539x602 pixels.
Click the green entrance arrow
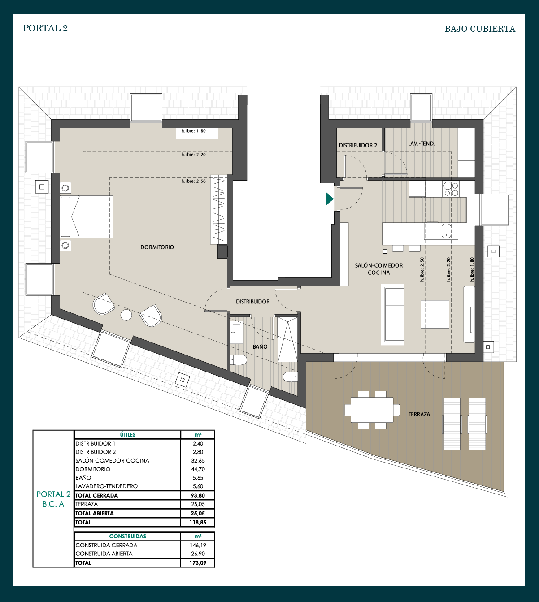tap(329, 199)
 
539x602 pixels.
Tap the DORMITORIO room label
tap(157, 247)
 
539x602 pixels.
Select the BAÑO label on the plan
tap(260, 346)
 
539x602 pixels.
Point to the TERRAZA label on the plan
tap(419, 414)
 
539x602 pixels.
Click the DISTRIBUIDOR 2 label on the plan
tap(358, 145)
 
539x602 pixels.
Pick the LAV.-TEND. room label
tap(421, 143)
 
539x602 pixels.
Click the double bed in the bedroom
tap(87, 217)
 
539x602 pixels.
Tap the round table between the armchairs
tap(126, 315)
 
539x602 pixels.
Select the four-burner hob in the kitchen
tap(451, 189)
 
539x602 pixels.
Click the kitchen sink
tap(446, 231)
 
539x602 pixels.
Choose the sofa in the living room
tap(392, 314)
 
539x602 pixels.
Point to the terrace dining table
tap(372, 410)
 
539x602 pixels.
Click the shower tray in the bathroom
tap(287, 339)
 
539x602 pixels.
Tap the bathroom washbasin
tap(237, 333)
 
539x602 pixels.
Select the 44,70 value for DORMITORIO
tap(198, 469)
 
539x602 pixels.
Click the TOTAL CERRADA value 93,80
tap(198, 495)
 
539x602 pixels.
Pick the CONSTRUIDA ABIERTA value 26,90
tap(198, 554)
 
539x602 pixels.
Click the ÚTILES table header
tap(127, 434)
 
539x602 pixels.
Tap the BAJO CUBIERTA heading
tap(480, 29)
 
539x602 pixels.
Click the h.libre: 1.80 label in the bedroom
tap(194, 131)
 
